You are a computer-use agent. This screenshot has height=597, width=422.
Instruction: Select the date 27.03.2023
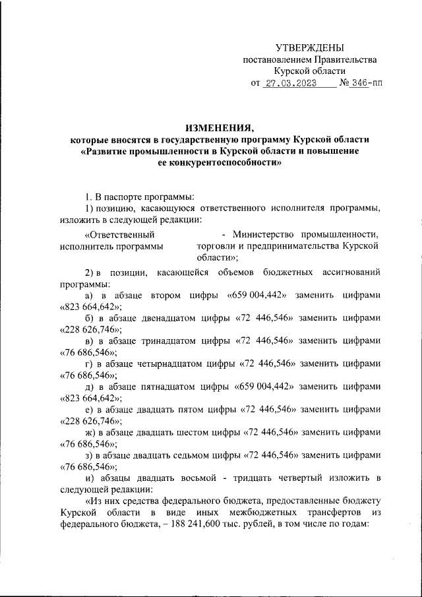[290, 84]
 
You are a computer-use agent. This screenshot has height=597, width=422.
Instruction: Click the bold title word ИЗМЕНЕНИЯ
[220, 127]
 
